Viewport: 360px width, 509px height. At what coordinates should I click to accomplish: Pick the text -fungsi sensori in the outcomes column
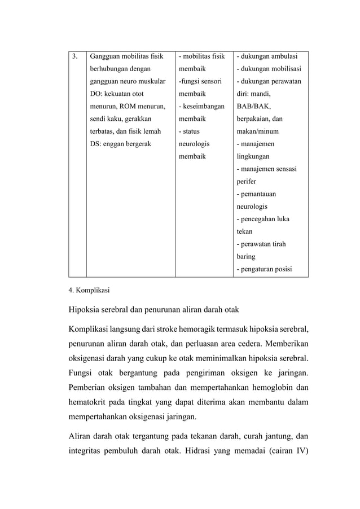point(200,81)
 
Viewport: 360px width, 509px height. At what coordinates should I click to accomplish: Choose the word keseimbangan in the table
point(204,106)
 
